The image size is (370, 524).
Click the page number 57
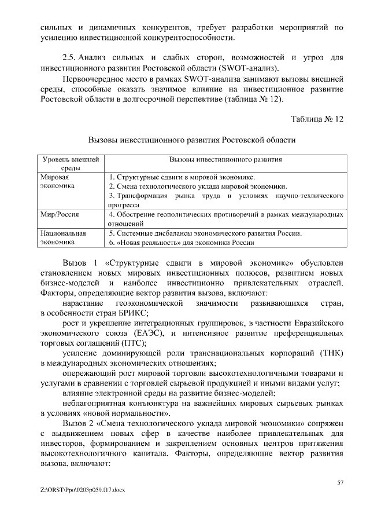click(x=341, y=482)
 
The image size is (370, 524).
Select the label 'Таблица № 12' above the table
click(x=317, y=119)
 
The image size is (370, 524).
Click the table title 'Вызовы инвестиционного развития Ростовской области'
click(x=191, y=140)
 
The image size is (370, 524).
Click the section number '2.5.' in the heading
click(x=69, y=58)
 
